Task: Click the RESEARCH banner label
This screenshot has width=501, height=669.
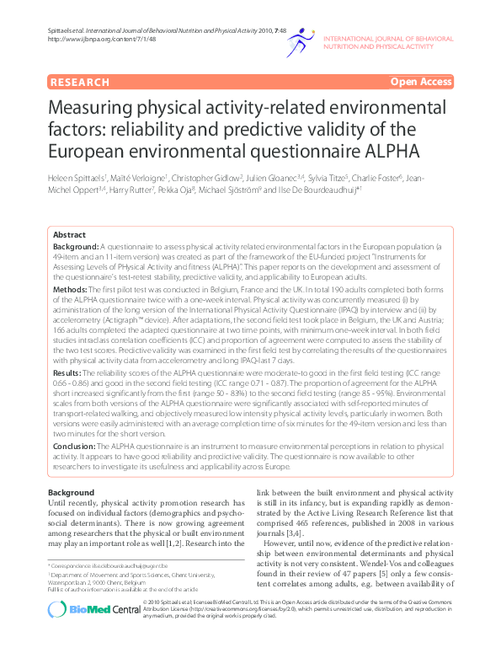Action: point(80,82)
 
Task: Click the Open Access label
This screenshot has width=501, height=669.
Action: point(419,82)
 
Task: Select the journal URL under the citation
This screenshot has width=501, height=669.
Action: point(93,39)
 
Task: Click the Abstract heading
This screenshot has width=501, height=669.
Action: point(69,234)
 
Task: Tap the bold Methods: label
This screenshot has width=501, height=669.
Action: point(71,288)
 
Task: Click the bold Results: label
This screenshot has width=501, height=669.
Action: point(68,371)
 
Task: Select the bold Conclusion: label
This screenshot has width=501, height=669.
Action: point(75,446)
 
